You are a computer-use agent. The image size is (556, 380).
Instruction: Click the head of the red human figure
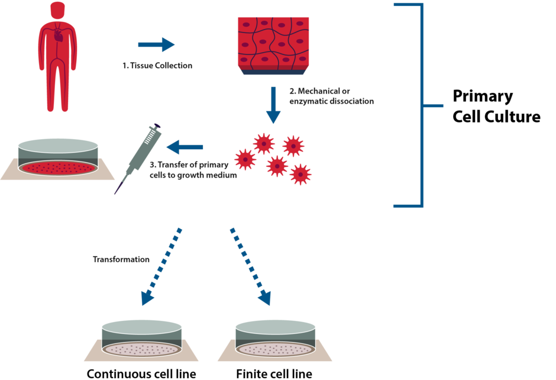coord(57,10)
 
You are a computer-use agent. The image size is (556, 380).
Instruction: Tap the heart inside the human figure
coord(58,36)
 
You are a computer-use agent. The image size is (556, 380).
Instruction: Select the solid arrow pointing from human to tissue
coord(157,44)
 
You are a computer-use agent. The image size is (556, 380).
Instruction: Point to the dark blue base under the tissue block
coord(273,72)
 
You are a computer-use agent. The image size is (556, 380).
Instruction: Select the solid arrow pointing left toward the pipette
coord(185,147)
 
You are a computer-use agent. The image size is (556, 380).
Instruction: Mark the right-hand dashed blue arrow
coord(251,266)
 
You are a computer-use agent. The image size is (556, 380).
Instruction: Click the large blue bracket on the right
coord(421,105)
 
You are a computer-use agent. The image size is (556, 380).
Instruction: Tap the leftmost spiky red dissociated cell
coord(244,159)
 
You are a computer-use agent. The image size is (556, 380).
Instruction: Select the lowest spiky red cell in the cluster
coord(300,174)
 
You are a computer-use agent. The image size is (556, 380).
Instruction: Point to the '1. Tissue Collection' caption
coord(157,66)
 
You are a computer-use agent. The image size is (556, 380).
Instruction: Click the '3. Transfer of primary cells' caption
coord(193,170)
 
